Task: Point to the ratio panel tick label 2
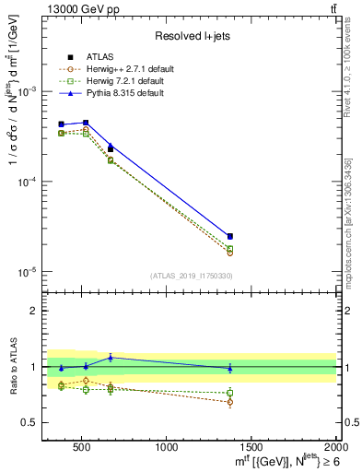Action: coord(33,311)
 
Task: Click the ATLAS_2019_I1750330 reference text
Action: coord(191,276)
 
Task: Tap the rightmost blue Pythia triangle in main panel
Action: coord(229,236)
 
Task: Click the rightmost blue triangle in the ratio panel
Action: coord(229,368)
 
